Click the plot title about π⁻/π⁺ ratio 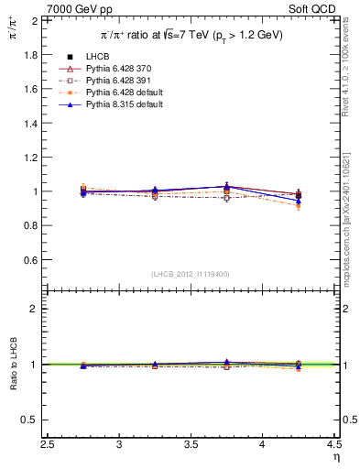191,35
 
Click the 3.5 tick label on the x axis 191,445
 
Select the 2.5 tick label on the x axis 49,445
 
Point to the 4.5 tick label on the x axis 333,445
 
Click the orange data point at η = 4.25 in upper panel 299,206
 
